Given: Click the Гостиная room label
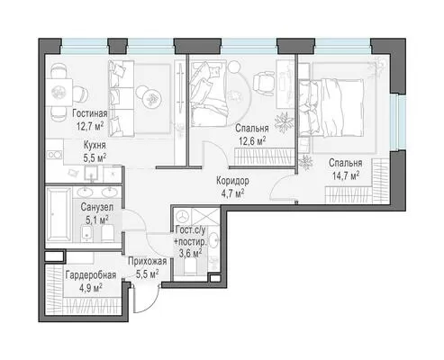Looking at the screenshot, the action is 90,113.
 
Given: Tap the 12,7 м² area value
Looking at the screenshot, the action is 90,125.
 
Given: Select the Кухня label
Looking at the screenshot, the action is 95,145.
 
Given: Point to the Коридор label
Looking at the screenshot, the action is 232,181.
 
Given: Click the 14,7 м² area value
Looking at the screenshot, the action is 346,175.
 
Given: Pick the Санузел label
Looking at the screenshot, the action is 97,207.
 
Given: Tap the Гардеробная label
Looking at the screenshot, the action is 91,274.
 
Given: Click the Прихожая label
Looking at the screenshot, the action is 147,261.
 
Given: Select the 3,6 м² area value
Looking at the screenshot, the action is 190,253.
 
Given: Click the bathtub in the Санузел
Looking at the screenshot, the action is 59,214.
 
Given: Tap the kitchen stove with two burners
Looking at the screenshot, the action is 54,155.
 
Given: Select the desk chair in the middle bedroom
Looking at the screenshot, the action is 263,83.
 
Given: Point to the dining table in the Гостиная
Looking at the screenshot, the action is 59,92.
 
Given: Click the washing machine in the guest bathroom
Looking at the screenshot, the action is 182,215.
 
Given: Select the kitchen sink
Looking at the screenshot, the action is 91,174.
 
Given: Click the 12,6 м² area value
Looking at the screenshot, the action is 252,140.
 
